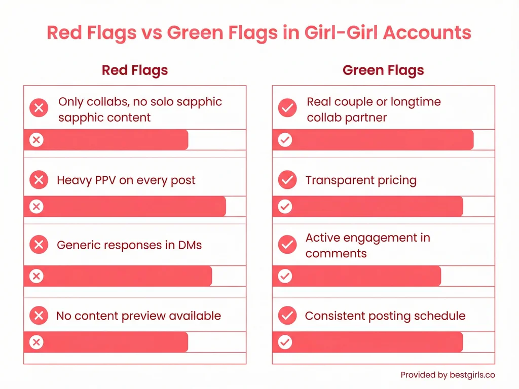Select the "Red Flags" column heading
pos(134,70)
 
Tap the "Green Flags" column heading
pos(383,70)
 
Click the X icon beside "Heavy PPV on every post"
pos(39,180)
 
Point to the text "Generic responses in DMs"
pos(129,245)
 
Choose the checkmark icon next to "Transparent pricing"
pos(287,180)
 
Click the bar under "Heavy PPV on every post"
pos(125,207)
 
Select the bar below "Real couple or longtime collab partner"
pos(373,140)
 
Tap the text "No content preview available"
pos(138,316)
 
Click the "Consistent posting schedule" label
pos(385,316)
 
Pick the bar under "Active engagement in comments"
pos(357,276)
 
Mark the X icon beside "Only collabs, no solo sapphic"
pos(39,108)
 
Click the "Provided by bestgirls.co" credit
pos(448,375)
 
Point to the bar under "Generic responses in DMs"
pos(118,276)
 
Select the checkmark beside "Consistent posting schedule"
pos(287,316)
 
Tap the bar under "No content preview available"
pos(106,342)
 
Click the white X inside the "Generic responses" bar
pos(36,276)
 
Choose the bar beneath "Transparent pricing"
pos(367,207)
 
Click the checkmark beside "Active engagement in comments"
pos(287,245)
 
